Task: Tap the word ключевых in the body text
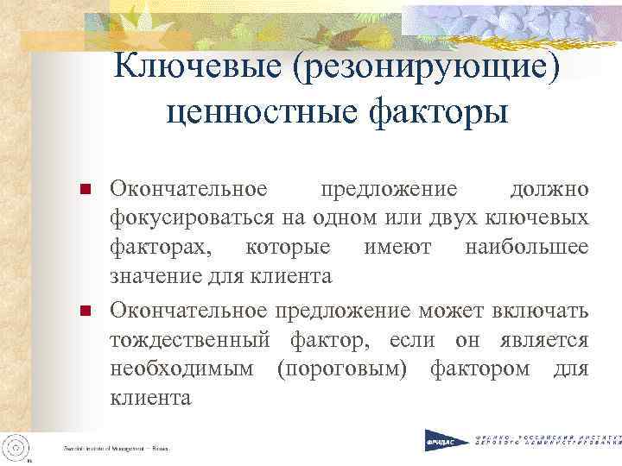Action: [x=538, y=217]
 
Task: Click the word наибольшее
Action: [x=526, y=248]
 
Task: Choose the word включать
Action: [x=540, y=309]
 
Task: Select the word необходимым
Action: [x=181, y=368]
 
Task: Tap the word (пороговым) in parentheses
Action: [x=338, y=368]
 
